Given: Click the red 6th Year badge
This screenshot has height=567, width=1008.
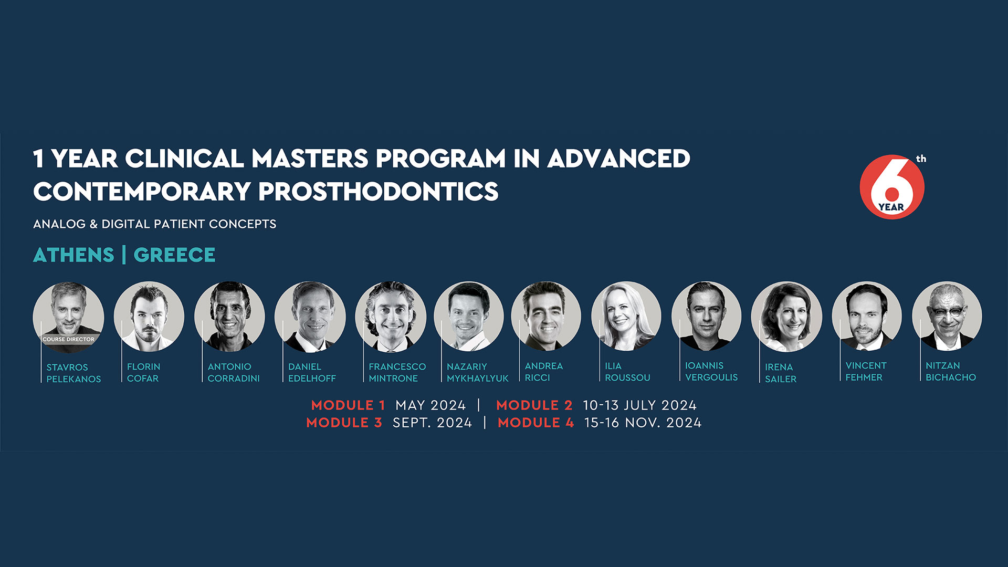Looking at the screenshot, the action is [x=892, y=186].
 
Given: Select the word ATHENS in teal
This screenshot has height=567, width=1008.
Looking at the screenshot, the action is [x=73, y=255].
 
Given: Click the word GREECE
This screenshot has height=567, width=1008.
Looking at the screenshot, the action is [x=174, y=255].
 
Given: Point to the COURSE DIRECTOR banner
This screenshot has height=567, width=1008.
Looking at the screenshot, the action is [x=68, y=339].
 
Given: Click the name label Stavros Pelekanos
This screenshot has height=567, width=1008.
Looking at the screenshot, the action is [x=73, y=373].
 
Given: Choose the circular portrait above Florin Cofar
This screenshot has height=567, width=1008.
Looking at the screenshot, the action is [x=149, y=317].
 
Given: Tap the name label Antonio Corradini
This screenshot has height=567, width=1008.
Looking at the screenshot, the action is [x=234, y=372].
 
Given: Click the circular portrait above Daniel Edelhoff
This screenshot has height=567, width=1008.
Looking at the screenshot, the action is [x=310, y=317].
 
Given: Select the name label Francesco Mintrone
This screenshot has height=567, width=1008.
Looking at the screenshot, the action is [x=397, y=372].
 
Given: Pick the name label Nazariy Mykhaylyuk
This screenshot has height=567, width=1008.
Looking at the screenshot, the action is [x=478, y=372].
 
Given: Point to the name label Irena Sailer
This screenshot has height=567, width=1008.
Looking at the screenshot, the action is [x=781, y=373].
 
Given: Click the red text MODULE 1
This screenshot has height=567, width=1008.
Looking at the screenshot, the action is [x=348, y=405].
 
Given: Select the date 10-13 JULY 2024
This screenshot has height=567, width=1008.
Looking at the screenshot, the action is [x=640, y=405].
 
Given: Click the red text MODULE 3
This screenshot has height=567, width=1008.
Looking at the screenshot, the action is [x=344, y=423].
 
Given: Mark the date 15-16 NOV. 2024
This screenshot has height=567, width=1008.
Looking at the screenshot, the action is [x=643, y=423].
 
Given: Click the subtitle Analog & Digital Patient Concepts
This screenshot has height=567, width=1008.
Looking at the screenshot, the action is [x=154, y=224].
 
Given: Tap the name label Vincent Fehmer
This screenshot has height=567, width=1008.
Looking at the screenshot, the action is [x=866, y=371].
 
